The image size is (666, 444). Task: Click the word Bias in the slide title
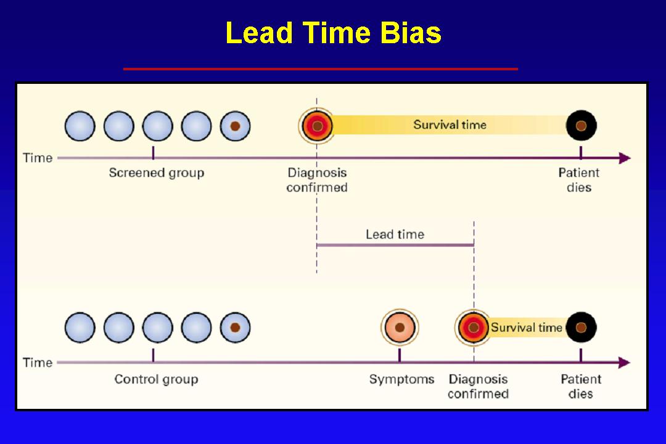(411, 33)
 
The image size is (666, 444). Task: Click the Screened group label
(156, 173)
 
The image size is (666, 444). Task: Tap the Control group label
(156, 379)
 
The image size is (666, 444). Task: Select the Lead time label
(395, 234)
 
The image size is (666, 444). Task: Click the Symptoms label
(401, 379)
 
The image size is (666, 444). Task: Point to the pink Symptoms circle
(400, 327)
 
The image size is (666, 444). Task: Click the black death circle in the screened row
(581, 126)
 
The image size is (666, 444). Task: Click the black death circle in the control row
(581, 327)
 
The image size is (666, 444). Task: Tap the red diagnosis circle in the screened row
(317, 126)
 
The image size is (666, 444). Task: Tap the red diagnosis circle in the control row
(473, 327)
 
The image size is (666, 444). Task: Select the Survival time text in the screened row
(450, 125)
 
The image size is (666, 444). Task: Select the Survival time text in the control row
(526, 327)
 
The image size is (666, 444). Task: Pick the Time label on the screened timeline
(38, 158)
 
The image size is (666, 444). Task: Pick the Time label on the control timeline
(38, 363)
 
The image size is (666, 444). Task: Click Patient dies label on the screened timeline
(579, 180)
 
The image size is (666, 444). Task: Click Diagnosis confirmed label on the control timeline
(478, 387)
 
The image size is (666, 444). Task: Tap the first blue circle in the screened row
(80, 126)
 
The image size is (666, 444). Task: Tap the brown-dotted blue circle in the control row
(235, 327)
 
